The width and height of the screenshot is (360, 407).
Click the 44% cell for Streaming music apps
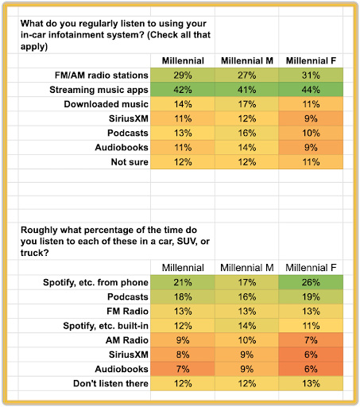[311, 90]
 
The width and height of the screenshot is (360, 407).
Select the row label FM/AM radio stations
[102, 76]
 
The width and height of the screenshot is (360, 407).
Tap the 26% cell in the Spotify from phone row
[311, 282]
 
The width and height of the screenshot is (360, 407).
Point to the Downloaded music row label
[106, 104]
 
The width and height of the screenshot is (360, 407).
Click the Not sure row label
[130, 162]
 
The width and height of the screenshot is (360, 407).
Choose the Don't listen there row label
[110, 383]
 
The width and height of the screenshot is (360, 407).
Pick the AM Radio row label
[127, 340]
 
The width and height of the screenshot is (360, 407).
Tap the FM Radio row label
[127, 311]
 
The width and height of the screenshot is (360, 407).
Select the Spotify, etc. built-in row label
[106, 326]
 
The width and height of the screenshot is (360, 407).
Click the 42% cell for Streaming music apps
[183, 90]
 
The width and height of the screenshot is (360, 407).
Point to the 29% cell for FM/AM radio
[183, 76]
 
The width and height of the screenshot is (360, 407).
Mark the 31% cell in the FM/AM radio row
[311, 76]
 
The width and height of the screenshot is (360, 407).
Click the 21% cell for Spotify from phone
[183, 282]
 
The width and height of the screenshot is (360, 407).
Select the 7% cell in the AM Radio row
[311, 340]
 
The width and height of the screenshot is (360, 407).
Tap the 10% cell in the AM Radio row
[246, 340]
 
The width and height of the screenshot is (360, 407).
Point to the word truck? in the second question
[35, 253]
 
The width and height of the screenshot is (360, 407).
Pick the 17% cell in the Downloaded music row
[246, 104]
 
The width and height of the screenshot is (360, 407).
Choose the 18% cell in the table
[183, 297]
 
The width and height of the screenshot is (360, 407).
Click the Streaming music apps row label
[99, 90]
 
